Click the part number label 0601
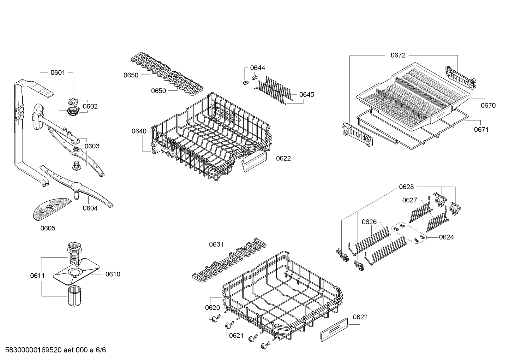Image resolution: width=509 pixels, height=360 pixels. pos(58,73)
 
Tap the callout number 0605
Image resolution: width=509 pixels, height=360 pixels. pos(48,228)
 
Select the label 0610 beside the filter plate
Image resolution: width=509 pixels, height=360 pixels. pos(113,274)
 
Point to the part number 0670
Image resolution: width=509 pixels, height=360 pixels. pos(488,105)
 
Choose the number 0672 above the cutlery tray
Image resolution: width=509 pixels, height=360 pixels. pos(398,55)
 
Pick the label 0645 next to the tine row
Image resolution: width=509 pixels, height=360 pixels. pos(306,95)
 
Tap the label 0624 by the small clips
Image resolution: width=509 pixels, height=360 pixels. pos(446,237)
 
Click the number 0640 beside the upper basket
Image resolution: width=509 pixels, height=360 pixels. pos(139,131)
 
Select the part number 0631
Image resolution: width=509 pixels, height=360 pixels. pos(216,244)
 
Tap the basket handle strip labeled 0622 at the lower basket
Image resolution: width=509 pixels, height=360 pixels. pos(334,329)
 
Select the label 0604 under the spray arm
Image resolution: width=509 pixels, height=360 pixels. pos(90,208)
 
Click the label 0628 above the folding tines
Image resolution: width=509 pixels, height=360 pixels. pos(406,187)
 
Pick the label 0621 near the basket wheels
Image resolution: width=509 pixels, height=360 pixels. pos(236,335)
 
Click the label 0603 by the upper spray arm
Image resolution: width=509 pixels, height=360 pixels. pos(92,146)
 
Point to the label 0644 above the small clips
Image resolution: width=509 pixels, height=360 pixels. pos(257,68)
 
